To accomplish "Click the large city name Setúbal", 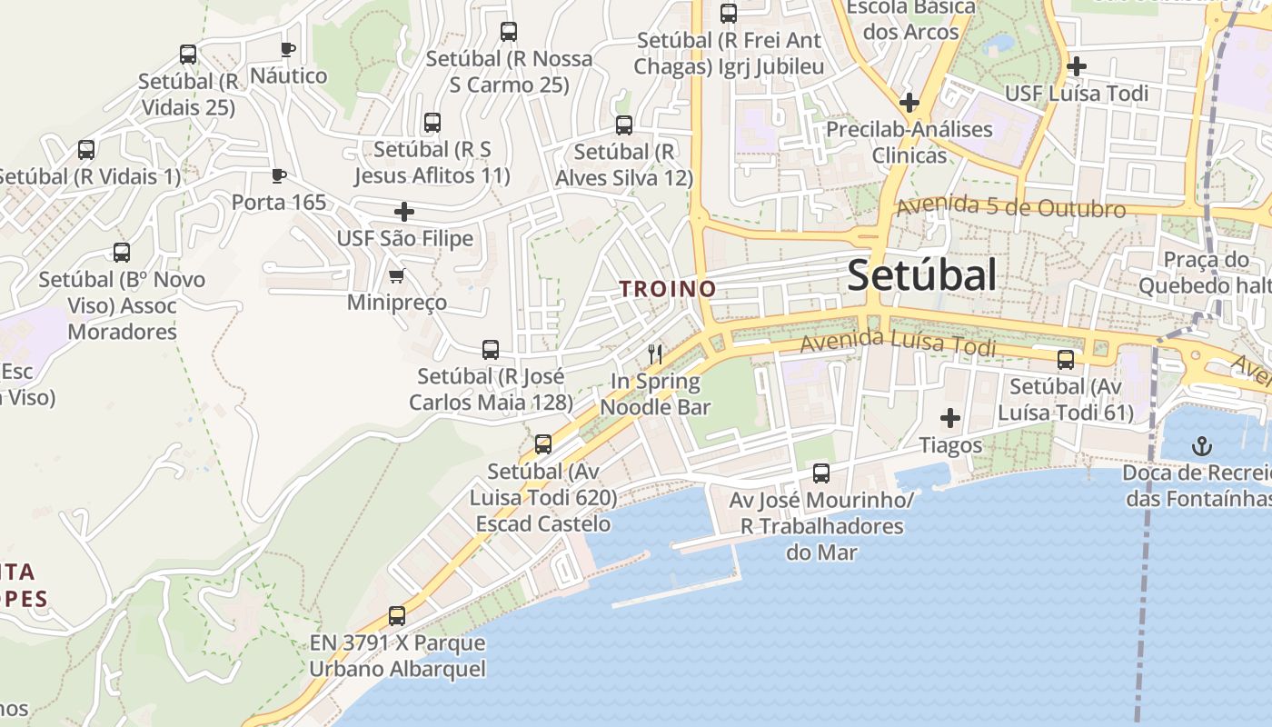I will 921,275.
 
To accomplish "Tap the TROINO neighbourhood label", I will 668,289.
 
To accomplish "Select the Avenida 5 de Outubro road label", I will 1011,207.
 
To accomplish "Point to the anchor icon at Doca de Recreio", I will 1202,446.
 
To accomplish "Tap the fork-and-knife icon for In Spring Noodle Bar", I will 654,354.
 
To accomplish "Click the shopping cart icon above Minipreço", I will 396,275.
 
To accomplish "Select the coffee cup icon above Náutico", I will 288,49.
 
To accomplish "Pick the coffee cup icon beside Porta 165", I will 279,175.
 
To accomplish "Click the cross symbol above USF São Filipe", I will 404,213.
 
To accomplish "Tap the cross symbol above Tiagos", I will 950,419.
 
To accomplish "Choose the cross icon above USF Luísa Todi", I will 1077,66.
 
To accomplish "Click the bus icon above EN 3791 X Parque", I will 397,616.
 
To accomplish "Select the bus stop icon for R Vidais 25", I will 188,55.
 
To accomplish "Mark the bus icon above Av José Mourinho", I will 821,473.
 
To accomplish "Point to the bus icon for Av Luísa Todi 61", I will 1066,360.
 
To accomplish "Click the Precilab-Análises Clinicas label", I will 909,142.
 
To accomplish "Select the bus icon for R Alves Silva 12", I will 624,125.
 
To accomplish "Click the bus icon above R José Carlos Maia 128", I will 491,350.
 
